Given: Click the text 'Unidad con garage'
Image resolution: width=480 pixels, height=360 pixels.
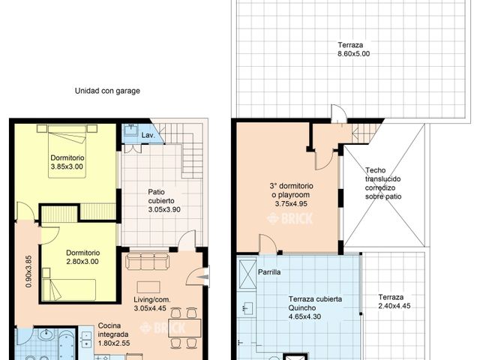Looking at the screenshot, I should (x=107, y=91).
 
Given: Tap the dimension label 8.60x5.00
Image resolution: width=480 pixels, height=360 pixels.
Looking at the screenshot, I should (x=354, y=54).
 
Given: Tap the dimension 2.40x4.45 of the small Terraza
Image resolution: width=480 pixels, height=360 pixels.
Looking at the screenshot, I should (x=395, y=306).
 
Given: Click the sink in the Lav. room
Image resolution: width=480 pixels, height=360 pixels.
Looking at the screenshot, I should (x=130, y=133).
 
